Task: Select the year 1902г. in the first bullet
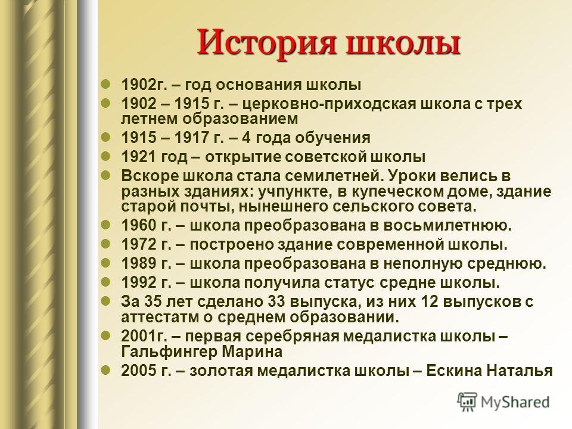[144, 85]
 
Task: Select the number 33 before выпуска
[276, 301]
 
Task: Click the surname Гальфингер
[169, 352]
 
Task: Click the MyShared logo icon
[467, 402]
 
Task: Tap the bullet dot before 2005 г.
[106, 370]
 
